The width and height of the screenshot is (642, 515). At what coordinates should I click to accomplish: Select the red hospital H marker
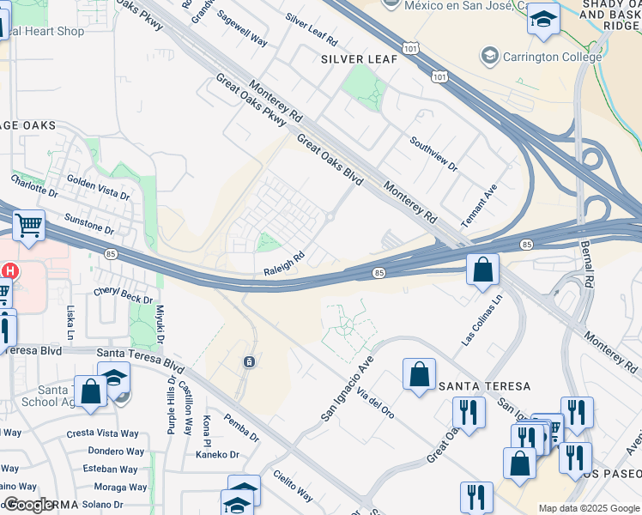click(9, 271)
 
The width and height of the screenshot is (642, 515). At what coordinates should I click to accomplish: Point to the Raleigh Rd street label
click(284, 262)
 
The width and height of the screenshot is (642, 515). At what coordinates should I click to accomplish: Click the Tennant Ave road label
click(479, 205)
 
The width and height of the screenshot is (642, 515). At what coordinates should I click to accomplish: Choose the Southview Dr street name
click(433, 154)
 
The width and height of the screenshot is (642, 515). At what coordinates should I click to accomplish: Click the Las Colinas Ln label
click(481, 320)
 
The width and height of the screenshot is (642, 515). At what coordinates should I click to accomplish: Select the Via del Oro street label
click(376, 401)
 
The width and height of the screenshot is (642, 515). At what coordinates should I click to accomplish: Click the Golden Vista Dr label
click(98, 190)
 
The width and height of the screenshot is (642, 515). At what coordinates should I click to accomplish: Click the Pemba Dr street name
click(240, 428)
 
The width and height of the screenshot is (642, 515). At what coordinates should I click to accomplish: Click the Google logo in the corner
click(28, 505)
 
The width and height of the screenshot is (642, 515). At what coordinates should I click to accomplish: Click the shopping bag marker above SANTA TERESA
click(419, 374)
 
